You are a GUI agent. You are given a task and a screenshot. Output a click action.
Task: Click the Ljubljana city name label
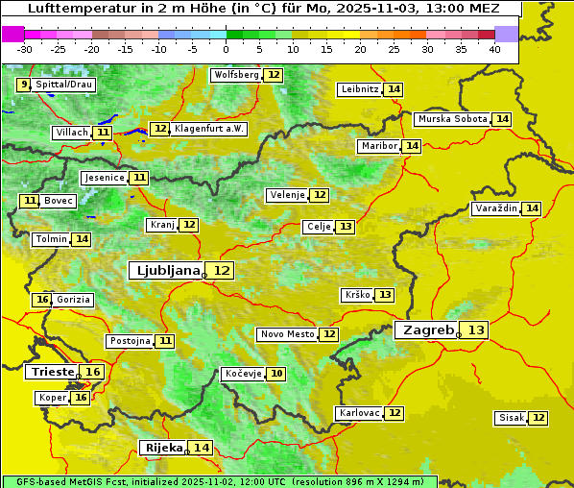[x=166, y=270]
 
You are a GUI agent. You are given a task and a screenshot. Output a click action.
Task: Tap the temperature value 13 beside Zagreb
[x=476, y=329]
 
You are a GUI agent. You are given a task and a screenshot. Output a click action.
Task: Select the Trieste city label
[x=53, y=372]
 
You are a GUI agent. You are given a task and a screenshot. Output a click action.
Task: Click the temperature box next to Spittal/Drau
[x=23, y=85]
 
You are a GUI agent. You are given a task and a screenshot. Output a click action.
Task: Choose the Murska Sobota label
[x=452, y=119]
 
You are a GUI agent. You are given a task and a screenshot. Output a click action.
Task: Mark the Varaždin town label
[x=496, y=208]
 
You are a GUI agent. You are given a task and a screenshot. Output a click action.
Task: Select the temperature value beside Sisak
[x=538, y=418]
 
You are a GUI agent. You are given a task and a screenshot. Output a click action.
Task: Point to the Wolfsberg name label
[x=236, y=75]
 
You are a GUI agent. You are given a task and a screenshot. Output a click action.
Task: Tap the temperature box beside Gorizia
[x=41, y=300]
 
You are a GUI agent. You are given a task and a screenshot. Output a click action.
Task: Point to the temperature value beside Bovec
[x=30, y=201]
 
